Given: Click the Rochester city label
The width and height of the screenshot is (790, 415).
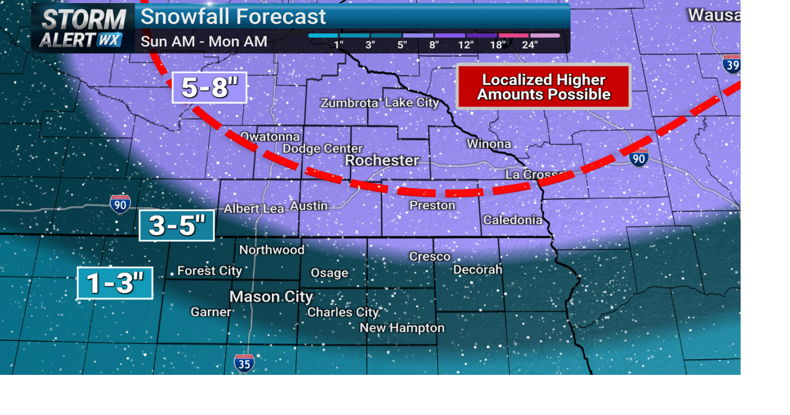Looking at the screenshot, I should click(381, 161).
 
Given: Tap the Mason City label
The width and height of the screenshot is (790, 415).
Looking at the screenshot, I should click(271, 297).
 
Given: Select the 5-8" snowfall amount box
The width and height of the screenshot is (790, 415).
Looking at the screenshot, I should click(209, 88).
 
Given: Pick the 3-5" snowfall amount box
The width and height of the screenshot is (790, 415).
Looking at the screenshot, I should click(177, 225).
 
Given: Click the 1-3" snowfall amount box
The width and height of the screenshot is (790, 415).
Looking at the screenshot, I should click(115, 283).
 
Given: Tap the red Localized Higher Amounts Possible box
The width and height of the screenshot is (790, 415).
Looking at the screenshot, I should click(543, 87).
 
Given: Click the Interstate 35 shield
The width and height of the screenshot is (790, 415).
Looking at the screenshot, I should click(244, 363).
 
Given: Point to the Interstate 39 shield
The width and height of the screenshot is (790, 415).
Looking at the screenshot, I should click(732, 64).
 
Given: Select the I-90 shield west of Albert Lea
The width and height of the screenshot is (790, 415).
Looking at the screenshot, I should click(120, 204).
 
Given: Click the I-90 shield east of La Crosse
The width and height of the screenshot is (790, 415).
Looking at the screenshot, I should click(639, 157).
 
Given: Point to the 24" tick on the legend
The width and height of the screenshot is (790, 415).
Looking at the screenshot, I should click(530, 44).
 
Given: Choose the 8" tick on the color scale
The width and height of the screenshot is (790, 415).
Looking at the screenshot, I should click(434, 44).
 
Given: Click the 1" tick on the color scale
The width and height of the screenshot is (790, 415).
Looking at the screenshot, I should click(339, 44).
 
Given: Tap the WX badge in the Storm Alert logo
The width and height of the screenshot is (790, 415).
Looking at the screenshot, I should click(109, 40).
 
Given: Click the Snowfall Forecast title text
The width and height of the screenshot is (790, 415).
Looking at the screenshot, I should click(233, 17).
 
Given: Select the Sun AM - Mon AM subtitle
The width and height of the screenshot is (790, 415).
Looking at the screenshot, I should click(204, 42).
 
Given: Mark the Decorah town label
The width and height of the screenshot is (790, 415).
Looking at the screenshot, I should click(478, 270).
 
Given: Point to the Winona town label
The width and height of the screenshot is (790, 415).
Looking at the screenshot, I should click(489, 145).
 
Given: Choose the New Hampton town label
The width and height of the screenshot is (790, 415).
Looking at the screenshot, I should click(402, 328).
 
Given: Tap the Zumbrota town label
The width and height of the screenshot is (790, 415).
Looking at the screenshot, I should click(349, 103).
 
